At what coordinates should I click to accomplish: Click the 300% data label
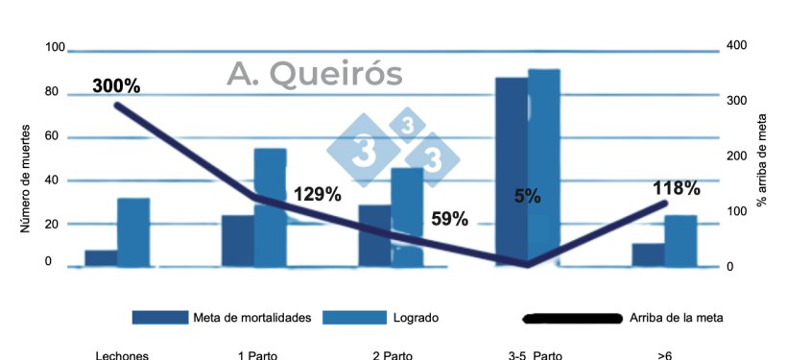click(116, 85)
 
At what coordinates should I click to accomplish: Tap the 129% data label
click(318, 194)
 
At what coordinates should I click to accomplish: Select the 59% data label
click(448, 219)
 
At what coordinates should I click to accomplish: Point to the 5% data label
click(527, 197)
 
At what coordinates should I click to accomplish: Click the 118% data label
click(676, 188)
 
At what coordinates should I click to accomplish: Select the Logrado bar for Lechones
click(133, 232)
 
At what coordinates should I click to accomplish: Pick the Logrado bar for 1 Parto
click(270, 207)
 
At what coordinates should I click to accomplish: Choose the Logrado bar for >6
click(680, 241)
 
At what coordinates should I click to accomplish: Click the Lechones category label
click(122, 355)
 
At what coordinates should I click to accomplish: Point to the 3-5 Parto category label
click(536, 355)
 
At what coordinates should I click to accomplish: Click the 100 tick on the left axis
click(54, 48)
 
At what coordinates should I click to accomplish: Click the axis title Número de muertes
click(26, 179)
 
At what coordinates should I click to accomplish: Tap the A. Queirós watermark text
click(315, 74)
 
